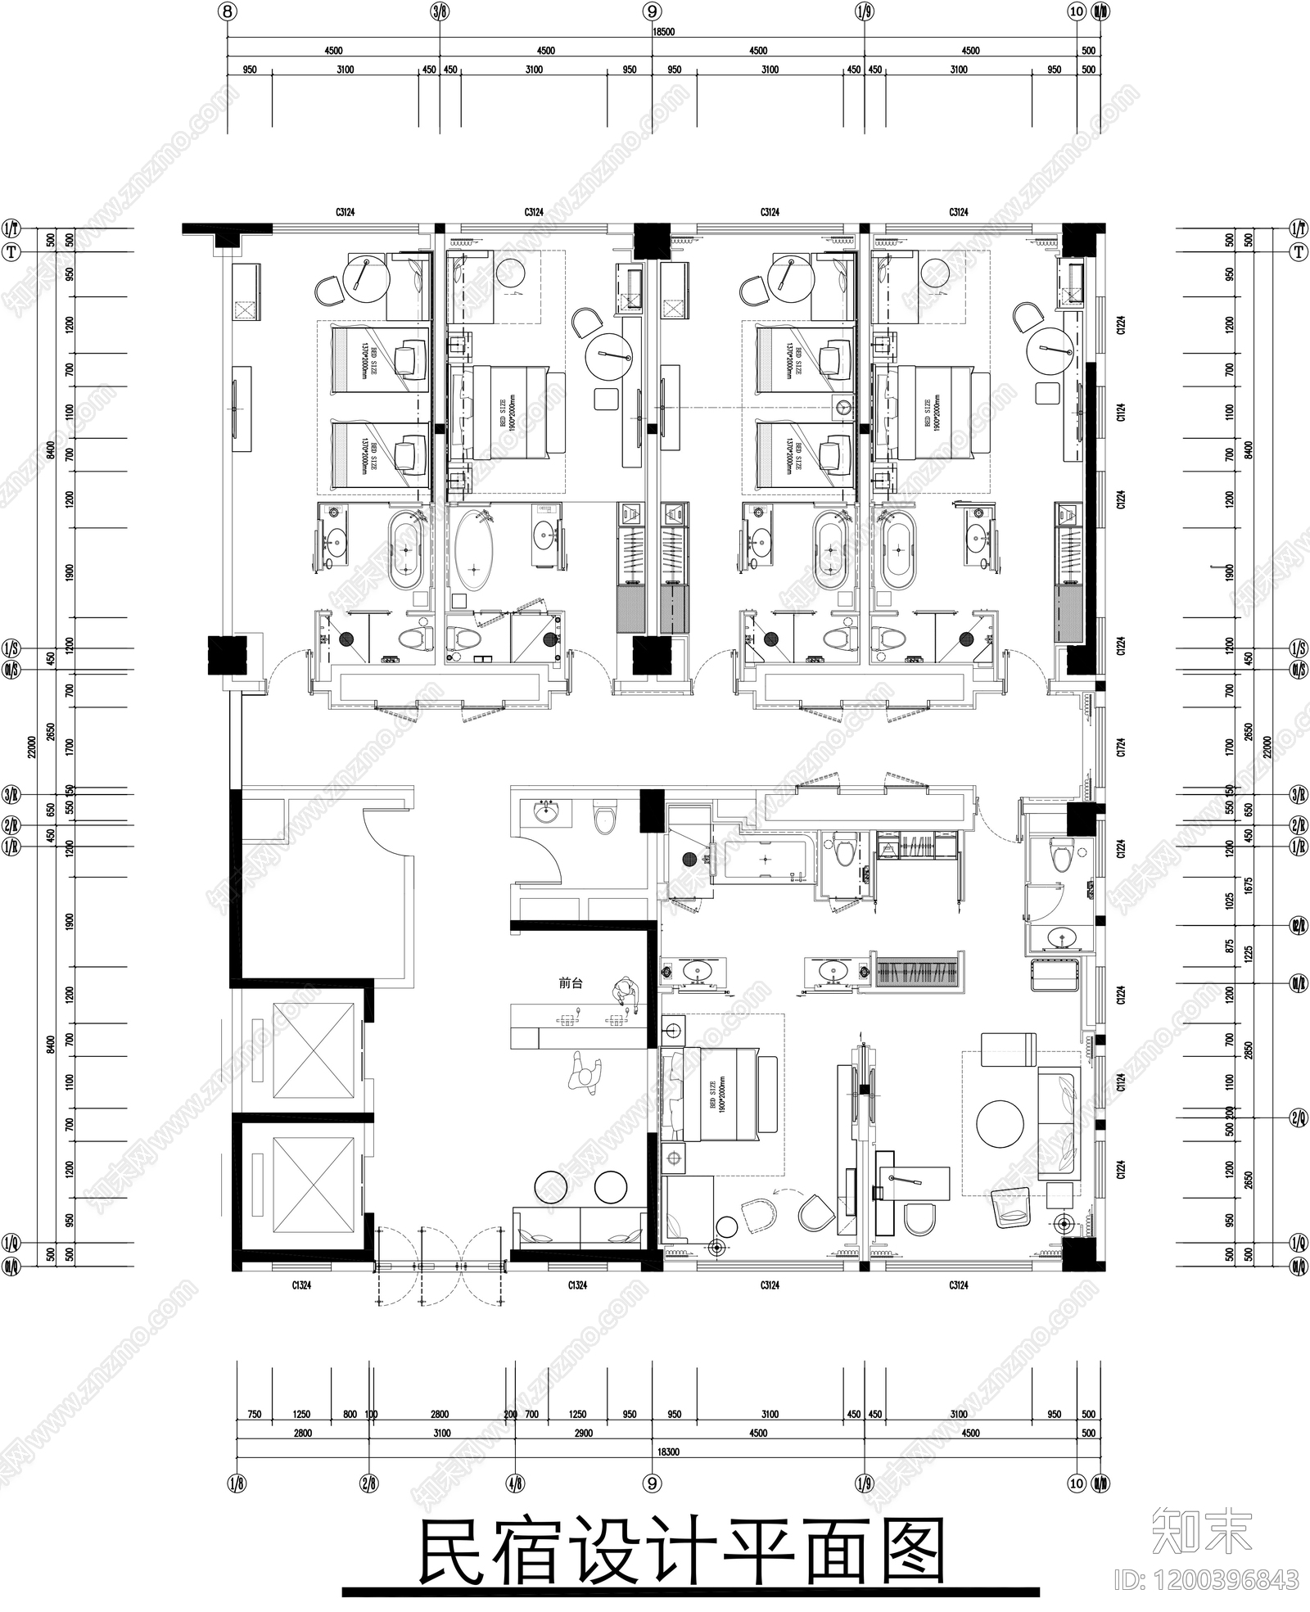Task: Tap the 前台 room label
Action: click(x=571, y=983)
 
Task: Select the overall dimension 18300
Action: click(x=667, y=1452)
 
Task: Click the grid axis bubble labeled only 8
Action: click(x=228, y=11)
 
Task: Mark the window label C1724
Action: click(x=1121, y=747)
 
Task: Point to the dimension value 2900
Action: click(x=583, y=1433)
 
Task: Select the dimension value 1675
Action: click(x=1248, y=886)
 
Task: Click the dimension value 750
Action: click(x=254, y=1414)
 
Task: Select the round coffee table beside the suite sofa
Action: click(x=1000, y=1124)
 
